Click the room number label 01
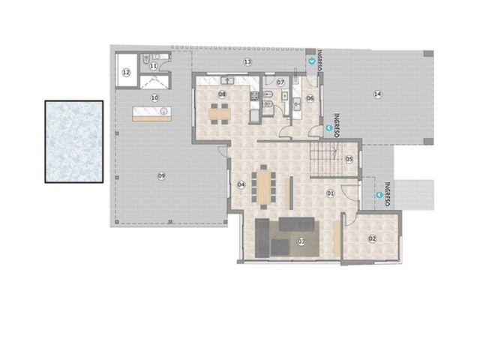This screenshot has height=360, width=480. point(330,193)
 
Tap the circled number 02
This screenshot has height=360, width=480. point(372,238)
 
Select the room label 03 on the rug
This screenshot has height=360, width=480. point(301,241)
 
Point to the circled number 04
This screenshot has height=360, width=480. point(241,184)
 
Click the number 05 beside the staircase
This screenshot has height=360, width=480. point(349,159)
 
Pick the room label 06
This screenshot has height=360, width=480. point(310,98)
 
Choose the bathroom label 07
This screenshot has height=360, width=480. point(280,82)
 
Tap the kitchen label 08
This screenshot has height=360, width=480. point(222,94)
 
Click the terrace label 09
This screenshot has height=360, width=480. point(161,176)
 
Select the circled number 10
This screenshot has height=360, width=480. point(155,98)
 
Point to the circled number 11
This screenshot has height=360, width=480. point(154,66)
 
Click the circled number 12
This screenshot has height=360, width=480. point(126,73)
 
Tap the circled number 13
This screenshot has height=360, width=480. point(247,62)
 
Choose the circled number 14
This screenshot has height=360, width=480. point(378,94)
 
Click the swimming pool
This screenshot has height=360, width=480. point(74,142)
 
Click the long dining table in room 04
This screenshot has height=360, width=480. point(263,187)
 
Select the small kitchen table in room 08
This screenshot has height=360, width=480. point(220,114)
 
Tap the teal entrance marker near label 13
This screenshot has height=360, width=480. point(312,61)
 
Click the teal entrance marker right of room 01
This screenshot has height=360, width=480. point(380,195)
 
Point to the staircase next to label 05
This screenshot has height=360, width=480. point(325,159)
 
